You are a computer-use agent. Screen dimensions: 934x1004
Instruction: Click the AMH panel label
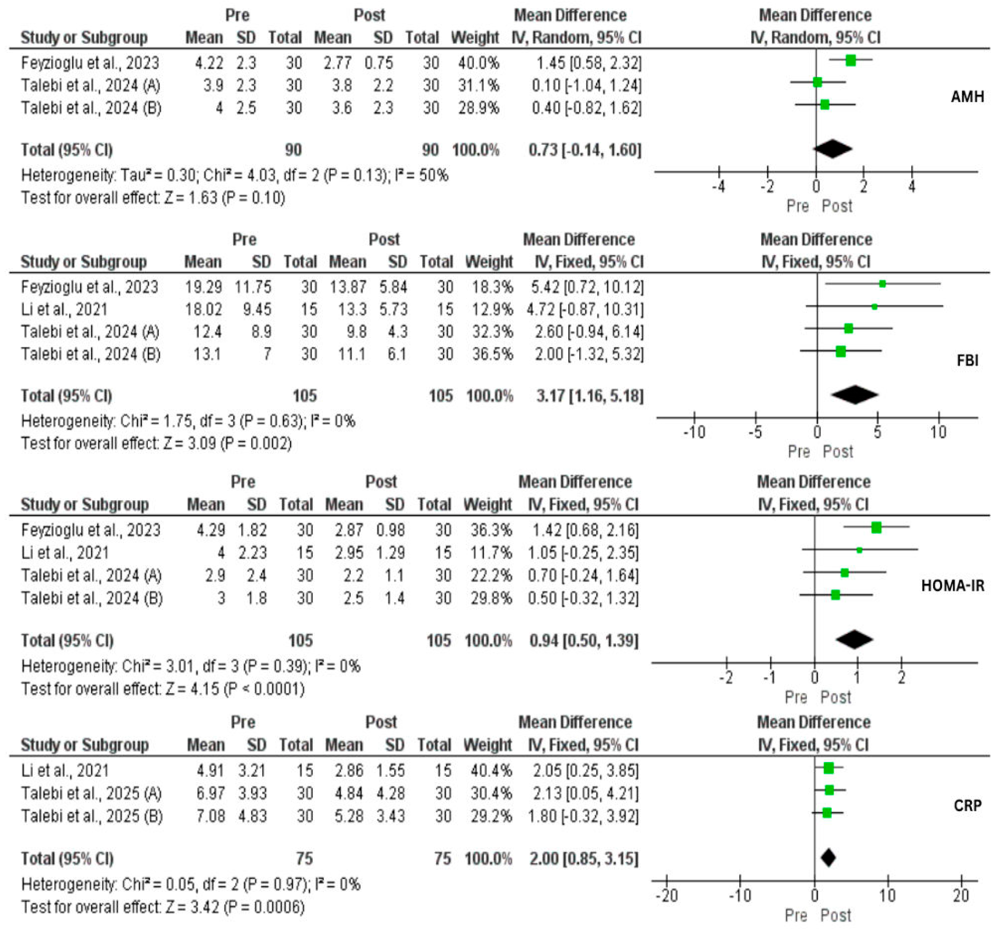click(x=967, y=96)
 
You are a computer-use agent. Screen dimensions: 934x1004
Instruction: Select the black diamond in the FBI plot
click(x=855, y=395)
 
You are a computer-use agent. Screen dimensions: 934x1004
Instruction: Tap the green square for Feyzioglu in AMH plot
click(x=850, y=61)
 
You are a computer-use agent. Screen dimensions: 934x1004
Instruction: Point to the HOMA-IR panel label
click(x=953, y=586)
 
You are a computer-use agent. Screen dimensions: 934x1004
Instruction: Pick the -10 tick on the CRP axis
click(x=740, y=896)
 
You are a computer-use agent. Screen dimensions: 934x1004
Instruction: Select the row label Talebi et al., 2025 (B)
click(x=92, y=816)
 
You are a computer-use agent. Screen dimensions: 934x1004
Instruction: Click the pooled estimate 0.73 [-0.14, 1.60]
click(x=585, y=150)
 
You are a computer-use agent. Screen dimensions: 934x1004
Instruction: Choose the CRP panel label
click(x=968, y=805)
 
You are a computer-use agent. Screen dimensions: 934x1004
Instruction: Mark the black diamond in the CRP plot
click(x=828, y=858)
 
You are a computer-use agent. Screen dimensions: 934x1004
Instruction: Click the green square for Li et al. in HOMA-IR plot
click(x=859, y=550)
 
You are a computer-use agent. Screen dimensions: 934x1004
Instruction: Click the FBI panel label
click(x=967, y=360)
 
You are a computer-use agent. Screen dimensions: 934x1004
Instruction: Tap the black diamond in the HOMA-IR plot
click(x=854, y=640)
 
